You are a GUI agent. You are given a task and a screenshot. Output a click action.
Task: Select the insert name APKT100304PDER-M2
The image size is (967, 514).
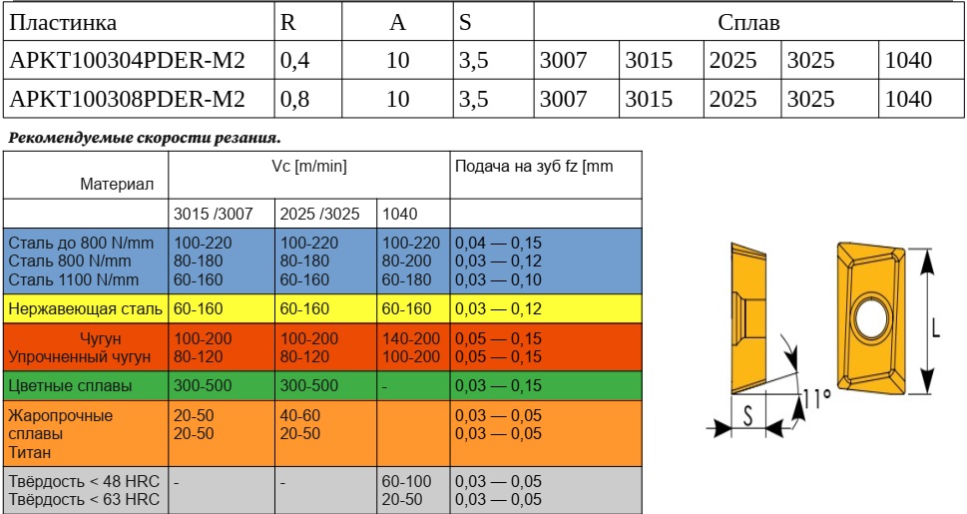pyautogui.click(x=127, y=60)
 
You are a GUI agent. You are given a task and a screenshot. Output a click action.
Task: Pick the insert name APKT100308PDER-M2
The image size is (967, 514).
pyautogui.click(x=127, y=99)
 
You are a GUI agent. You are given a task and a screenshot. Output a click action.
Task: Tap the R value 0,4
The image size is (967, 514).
pyautogui.click(x=295, y=60)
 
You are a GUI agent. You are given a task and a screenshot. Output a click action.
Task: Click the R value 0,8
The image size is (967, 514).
pyautogui.click(x=295, y=99)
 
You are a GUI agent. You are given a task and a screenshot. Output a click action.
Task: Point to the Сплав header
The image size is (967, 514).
pyautogui.click(x=748, y=22)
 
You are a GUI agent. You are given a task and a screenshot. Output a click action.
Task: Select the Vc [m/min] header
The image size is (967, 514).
pyautogui.click(x=308, y=167)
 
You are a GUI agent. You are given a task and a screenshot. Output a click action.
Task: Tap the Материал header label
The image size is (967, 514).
pyautogui.click(x=117, y=184)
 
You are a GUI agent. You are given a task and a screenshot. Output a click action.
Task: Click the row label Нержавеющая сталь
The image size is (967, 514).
pyautogui.click(x=85, y=309)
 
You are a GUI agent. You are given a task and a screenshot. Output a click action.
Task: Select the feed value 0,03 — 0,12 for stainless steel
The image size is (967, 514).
pyautogui.click(x=498, y=309)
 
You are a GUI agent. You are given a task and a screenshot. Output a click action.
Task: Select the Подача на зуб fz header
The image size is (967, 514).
pyautogui.click(x=534, y=167)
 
